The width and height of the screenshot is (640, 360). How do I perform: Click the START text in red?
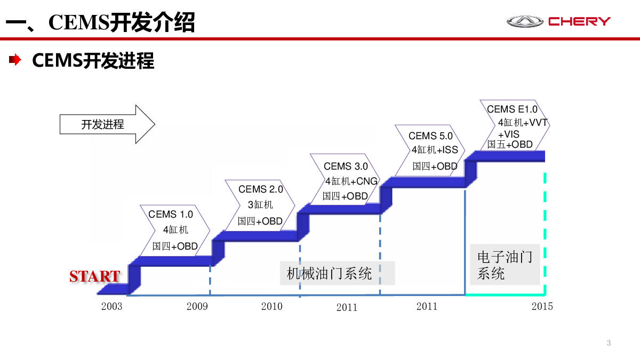pos(94,276)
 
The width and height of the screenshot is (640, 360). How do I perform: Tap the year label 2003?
pos(111,307)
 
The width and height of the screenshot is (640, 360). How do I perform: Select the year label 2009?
pos(197,307)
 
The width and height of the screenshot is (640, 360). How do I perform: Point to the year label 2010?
pos(271,307)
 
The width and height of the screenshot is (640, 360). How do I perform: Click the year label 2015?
pos(542,307)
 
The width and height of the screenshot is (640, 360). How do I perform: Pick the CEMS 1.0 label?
pos(171,214)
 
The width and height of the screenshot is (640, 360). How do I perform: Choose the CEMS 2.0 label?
pos(261,189)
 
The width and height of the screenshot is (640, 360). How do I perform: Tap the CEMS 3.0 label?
pos(346,166)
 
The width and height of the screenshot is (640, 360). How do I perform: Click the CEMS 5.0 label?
pos(430,136)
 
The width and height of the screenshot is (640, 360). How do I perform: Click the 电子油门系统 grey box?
pos(505,265)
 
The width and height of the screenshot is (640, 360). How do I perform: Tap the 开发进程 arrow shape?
pos(107,125)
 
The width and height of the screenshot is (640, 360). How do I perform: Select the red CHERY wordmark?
pos(579,22)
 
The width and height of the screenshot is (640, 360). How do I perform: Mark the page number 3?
pos(609,343)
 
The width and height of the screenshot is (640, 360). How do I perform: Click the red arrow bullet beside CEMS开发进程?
pos(15,60)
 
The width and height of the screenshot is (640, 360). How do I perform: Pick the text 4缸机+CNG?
pos(351,181)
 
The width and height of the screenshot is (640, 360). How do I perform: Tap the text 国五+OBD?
pos(510,145)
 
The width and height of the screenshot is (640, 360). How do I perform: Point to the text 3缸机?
pos(260,205)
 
